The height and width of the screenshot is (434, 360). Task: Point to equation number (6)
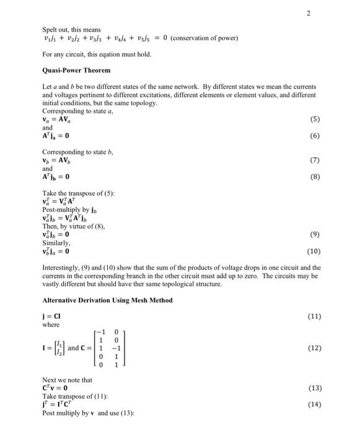315,135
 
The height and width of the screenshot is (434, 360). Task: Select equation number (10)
314,252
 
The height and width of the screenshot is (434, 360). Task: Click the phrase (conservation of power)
204,38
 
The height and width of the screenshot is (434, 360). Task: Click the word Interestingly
61,268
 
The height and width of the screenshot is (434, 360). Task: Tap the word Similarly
56,244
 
